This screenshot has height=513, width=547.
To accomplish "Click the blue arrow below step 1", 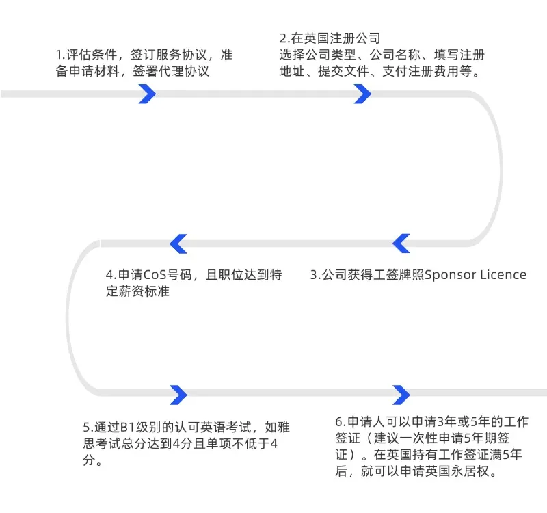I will pyautogui.click(x=147, y=94).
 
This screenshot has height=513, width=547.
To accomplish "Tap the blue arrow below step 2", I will pyautogui.click(x=362, y=94).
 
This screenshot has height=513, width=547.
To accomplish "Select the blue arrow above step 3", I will pyautogui.click(x=401, y=243).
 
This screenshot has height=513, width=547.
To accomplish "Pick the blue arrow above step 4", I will pyautogui.click(x=178, y=243).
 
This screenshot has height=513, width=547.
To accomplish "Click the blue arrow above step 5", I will pyautogui.click(x=178, y=394).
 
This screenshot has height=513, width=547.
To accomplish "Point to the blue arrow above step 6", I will pyautogui.click(x=401, y=394).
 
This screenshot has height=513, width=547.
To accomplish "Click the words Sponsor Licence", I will pyautogui.click(x=475, y=275).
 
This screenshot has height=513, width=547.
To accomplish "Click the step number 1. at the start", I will pyautogui.click(x=60, y=55).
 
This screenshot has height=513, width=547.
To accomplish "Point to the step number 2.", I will pyautogui.click(x=284, y=38).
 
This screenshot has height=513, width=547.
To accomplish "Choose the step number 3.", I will pyautogui.click(x=315, y=275).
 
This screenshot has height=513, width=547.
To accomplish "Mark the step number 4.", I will pyautogui.click(x=110, y=275).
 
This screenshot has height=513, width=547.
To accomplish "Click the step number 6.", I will pyautogui.click(x=339, y=421).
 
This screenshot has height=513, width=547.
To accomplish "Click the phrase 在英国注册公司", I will pyautogui.click(x=336, y=38).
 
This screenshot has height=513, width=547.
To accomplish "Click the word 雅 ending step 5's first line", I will pyautogui.click(x=284, y=428).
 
